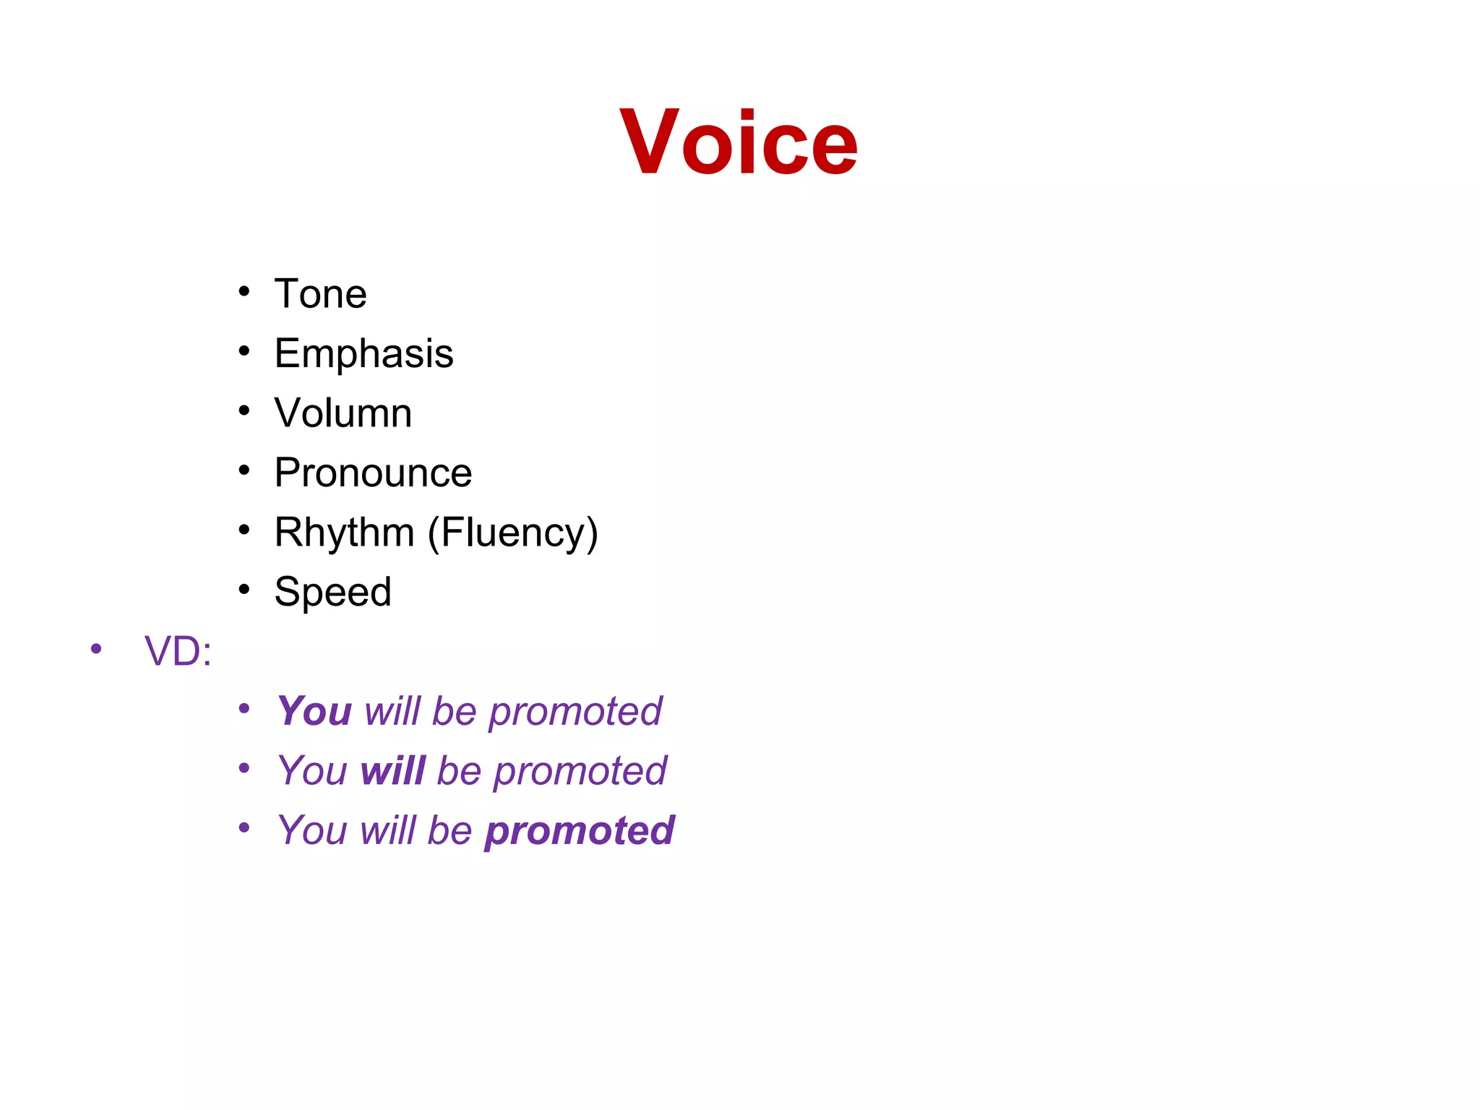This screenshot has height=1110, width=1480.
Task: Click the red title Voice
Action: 739,142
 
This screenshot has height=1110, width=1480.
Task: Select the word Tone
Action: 320,294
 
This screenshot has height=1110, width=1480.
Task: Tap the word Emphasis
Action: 363,353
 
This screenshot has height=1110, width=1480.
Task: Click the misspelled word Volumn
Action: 343,413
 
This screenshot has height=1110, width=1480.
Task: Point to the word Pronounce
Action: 373,473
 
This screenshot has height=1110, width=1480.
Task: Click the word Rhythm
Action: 344,533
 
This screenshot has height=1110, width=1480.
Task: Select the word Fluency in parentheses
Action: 512,533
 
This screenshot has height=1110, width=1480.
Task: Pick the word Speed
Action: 332,592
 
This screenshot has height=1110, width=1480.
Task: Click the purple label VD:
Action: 178,651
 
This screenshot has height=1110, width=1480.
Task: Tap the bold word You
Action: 314,711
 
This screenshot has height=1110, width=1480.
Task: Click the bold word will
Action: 392,770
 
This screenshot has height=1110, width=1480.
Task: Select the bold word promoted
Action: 579,830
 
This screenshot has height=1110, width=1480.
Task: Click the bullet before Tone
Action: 244,292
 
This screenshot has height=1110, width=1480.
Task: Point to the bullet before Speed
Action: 244,590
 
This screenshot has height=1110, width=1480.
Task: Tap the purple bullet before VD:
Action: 96,649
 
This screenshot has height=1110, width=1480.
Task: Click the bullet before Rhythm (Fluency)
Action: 244,530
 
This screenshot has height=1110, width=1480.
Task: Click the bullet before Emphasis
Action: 244,351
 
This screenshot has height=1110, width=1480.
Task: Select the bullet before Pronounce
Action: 244,470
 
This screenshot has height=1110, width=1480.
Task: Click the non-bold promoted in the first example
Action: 575,712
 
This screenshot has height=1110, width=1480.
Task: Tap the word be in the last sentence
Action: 449,830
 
